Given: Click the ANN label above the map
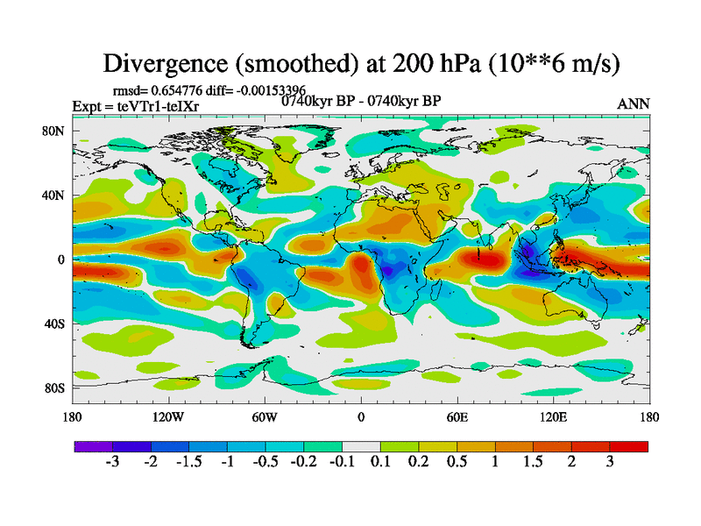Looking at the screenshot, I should click(634, 103).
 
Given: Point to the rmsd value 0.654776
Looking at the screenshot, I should click(181, 89).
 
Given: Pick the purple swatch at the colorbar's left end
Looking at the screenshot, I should click(89, 446).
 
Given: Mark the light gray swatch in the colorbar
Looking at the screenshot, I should click(361, 446).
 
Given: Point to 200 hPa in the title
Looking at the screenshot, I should click(430, 63).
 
